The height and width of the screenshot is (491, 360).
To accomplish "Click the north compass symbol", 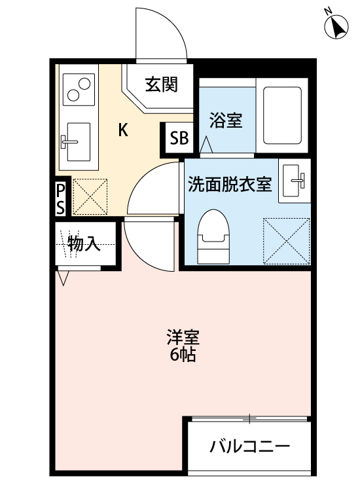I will [x=336, y=27].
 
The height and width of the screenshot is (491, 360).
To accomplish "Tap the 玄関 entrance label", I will [x=161, y=85].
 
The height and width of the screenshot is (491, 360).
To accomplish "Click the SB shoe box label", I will [x=179, y=139].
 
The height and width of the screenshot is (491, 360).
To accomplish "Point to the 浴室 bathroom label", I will [x=226, y=120].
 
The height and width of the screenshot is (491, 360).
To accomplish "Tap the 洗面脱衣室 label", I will [x=230, y=185].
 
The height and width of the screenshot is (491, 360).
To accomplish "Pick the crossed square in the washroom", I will [x=286, y=240].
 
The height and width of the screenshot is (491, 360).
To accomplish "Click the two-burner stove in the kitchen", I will [x=78, y=89].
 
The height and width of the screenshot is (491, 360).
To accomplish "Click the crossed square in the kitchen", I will [x=89, y=196].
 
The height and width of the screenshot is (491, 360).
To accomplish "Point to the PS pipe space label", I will [x=60, y=198].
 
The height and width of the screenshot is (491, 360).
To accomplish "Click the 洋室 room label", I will [x=183, y=338].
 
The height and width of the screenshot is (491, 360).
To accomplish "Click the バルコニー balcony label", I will [x=249, y=448].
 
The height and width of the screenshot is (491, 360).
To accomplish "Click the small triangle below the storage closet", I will [x=63, y=278].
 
